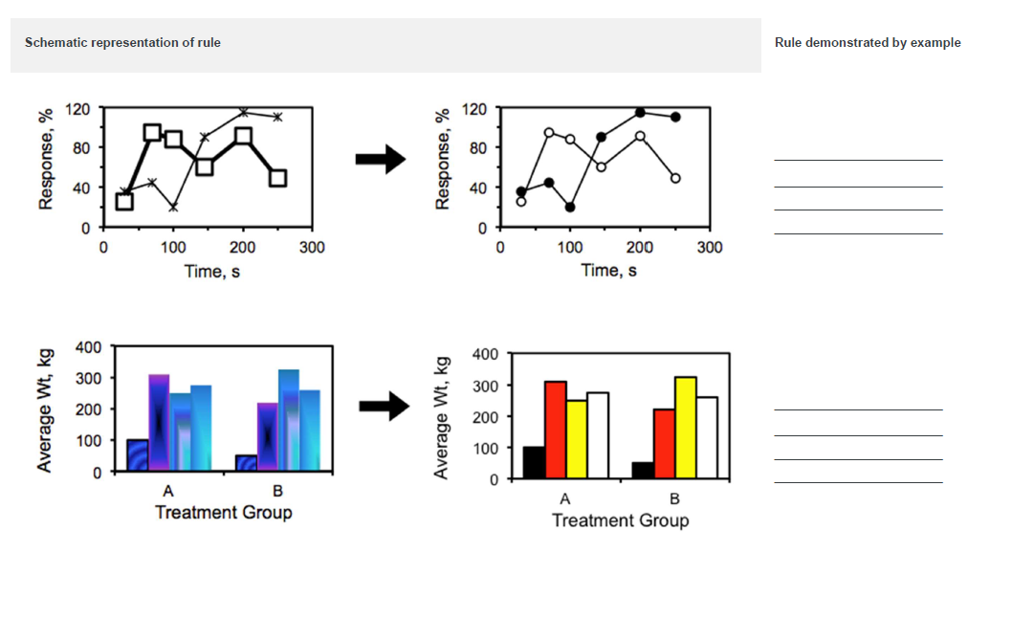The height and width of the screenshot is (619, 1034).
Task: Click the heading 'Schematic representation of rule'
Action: pyautogui.click(x=122, y=43)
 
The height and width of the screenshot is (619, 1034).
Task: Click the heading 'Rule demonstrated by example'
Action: pyautogui.click(x=868, y=43)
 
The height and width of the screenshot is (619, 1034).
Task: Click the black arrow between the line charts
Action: pyautogui.click(x=381, y=160)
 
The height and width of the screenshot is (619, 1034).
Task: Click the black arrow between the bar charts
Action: pyautogui.click(x=384, y=407)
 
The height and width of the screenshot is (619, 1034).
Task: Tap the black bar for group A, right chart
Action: pyautogui.click(x=534, y=462)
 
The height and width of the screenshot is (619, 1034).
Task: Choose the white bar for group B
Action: pyautogui.click(x=708, y=437)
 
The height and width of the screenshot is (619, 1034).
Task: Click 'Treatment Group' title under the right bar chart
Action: pyautogui.click(x=620, y=520)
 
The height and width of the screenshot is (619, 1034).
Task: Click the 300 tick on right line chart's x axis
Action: pyautogui.click(x=709, y=248)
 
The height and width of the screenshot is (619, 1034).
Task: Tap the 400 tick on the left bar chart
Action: pyautogui.click(x=89, y=346)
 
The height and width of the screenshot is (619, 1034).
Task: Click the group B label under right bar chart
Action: pyautogui.click(x=674, y=499)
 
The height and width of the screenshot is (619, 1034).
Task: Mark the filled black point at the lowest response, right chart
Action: pyautogui.click(x=570, y=207)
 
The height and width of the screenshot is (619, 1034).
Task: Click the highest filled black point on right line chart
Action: pyautogui.click(x=640, y=113)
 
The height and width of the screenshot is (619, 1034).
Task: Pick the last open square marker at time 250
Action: pyautogui.click(x=277, y=178)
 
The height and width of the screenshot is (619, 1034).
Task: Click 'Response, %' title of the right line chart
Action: pyautogui.click(x=442, y=158)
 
